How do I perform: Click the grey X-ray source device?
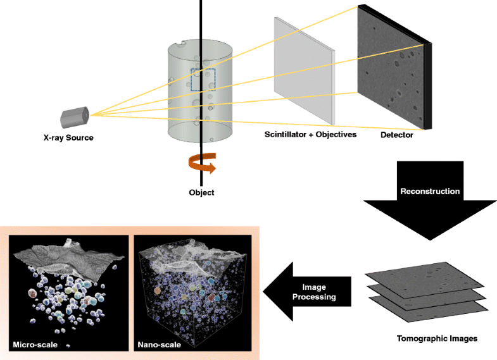pyautogui.click(x=75, y=116)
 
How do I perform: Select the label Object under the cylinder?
pyautogui.click(x=201, y=192)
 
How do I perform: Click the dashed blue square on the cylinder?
pyautogui.click(x=203, y=79)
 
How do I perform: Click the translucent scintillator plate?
pyautogui.click(x=303, y=75)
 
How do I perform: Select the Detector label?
pyautogui.click(x=397, y=135)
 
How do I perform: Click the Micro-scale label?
pyautogui.click(x=35, y=345)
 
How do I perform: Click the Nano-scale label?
pyautogui.click(x=159, y=345)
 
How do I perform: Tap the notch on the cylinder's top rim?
pyautogui.click(x=184, y=44)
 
